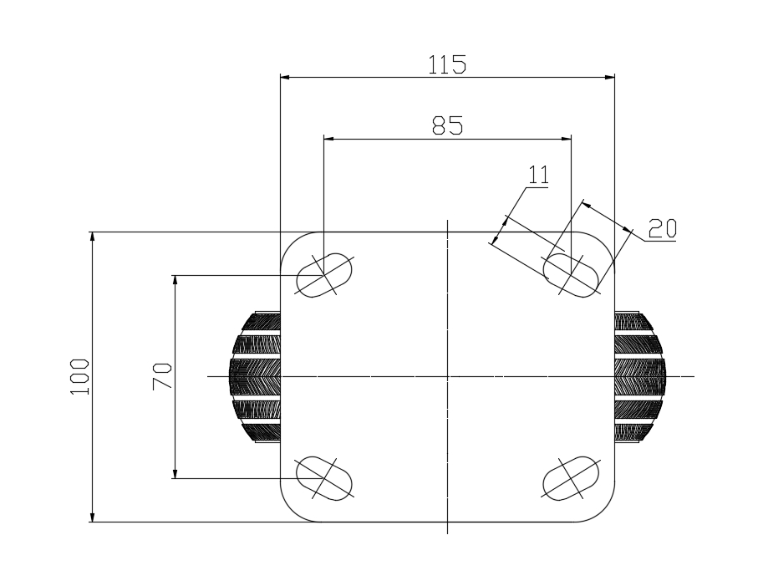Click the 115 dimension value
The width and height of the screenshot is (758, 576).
coord(447,65)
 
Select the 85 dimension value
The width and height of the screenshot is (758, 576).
coord(447,125)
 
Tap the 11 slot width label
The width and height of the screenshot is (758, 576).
coord(538,175)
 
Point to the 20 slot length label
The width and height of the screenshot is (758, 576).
coord(662,228)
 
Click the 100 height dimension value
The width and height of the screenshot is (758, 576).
coord(79,377)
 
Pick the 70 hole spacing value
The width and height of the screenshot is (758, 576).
coord(162,376)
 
